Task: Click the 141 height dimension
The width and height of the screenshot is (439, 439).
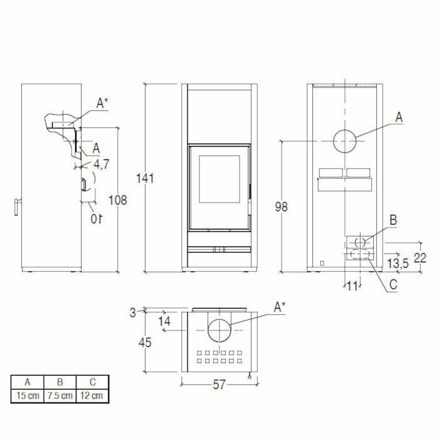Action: tap(145, 178)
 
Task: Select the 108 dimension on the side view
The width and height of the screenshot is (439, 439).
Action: tap(117, 200)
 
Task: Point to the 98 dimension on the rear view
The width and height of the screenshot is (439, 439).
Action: tap(281, 206)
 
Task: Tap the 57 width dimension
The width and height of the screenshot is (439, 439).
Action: tap(218, 385)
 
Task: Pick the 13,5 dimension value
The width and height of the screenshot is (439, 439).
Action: tap(398, 263)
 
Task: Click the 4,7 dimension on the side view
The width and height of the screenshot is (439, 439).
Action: tap(101, 164)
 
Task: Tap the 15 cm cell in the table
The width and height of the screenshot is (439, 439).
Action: tap(28, 396)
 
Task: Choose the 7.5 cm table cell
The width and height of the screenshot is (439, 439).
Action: tap(60, 396)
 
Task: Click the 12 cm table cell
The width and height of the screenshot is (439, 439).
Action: tap(93, 396)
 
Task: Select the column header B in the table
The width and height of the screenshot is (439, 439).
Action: tap(60, 381)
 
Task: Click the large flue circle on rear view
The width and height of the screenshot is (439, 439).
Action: tap(344, 141)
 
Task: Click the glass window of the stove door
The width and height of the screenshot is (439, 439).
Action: tap(219, 179)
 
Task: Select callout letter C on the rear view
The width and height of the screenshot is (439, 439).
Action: tap(393, 284)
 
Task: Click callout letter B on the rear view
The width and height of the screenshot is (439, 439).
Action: tap(393, 220)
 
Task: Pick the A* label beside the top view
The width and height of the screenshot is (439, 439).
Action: tap(280, 307)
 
